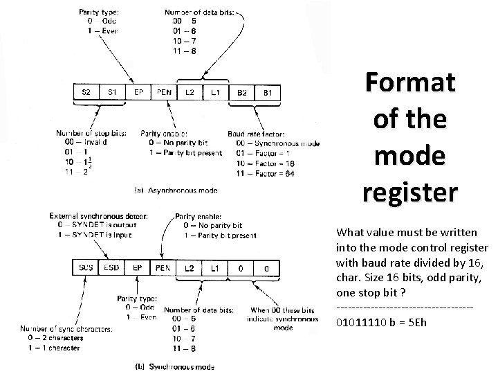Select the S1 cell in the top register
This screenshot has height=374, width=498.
point(112,92)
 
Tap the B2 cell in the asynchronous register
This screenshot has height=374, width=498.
point(242,92)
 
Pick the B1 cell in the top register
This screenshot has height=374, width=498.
point(268,92)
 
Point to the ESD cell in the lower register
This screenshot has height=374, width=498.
point(112,268)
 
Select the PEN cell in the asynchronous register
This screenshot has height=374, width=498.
point(164,92)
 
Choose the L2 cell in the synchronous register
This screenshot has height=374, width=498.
point(190,268)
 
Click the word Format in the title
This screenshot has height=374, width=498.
point(410,84)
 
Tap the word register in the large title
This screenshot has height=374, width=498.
point(410,190)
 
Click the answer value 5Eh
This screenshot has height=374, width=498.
point(414,323)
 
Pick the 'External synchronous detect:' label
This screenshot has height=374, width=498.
point(98,216)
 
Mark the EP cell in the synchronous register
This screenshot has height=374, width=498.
point(138,268)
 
